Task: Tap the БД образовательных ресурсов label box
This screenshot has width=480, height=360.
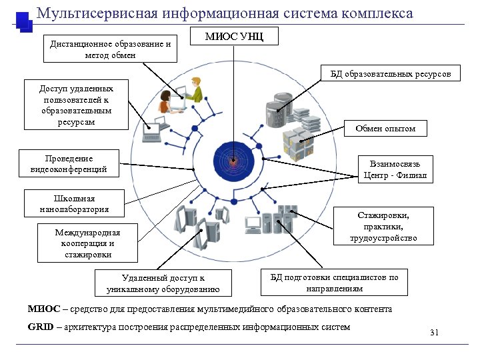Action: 391,74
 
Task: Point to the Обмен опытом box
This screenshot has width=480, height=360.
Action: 385,128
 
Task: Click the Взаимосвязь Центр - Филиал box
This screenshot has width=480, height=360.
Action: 395,169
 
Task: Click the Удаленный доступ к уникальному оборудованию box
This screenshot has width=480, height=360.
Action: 163,283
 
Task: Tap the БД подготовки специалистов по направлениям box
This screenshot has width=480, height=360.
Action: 334,283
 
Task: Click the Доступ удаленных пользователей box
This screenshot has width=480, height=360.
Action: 76,105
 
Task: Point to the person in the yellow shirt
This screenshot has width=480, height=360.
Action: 194,89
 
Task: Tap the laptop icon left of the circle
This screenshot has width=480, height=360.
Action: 153,131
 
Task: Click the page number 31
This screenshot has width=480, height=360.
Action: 434,332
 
